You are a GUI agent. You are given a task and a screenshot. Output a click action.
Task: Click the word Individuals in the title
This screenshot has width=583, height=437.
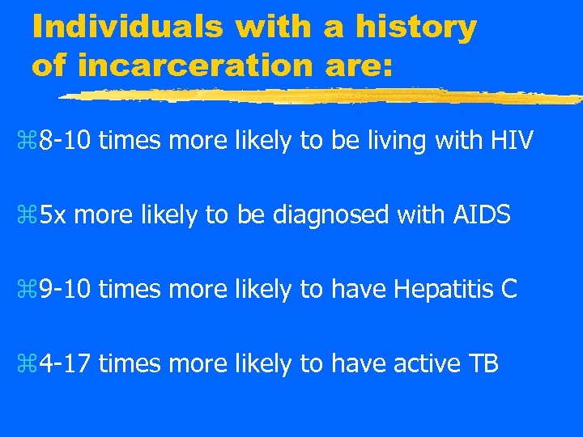pos(127,28)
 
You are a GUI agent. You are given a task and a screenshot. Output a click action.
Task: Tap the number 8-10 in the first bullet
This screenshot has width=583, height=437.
pos(66,142)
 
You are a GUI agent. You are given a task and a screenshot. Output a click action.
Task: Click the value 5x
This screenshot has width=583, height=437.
pos(54,216)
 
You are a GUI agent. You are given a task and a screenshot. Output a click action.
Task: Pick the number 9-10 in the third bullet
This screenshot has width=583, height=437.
pos(66,290)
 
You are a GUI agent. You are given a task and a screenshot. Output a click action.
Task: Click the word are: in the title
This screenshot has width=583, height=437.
pos(356,66)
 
